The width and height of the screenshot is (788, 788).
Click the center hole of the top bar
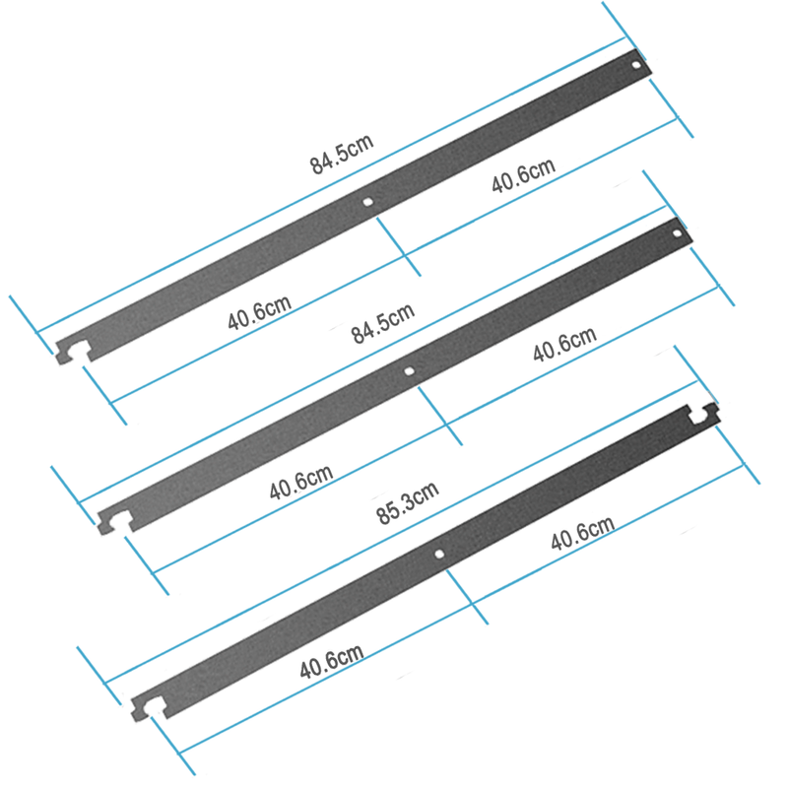click(367, 202)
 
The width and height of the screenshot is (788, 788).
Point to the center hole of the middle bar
click(410, 371)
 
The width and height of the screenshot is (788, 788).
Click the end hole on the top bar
click(637, 65)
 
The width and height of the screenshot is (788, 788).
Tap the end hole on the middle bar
click(677, 233)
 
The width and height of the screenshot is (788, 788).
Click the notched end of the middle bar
click(114, 518)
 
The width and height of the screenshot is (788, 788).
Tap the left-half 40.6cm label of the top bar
click(258, 314)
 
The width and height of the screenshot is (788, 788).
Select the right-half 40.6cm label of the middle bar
click(563, 346)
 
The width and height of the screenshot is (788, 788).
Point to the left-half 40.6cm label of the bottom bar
click(331, 662)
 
